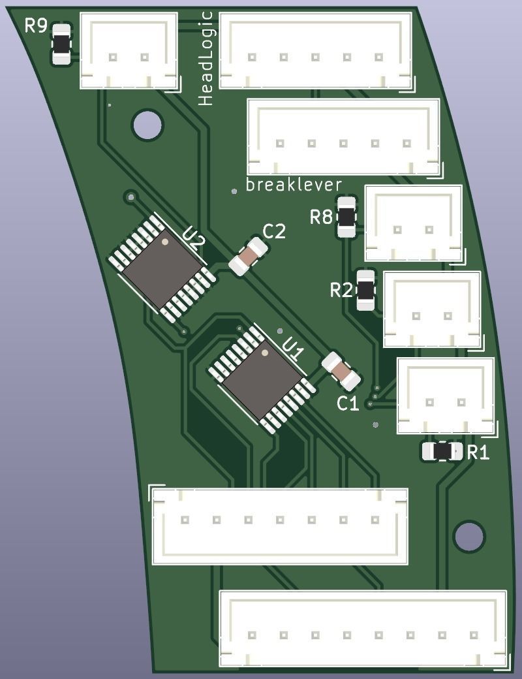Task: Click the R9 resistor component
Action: point(61,44)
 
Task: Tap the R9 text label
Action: point(36,26)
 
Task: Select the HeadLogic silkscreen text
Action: point(206,59)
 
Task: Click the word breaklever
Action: point(294,185)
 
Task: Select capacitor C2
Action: point(248,257)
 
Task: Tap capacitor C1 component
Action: point(341,371)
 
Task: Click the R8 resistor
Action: point(346,216)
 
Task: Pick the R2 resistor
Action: point(366,290)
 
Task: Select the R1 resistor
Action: point(442,451)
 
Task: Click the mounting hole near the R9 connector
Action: point(147,125)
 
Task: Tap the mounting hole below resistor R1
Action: point(469,536)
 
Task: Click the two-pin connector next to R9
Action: point(129,50)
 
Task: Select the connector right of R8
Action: point(414,223)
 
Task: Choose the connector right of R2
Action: point(432,309)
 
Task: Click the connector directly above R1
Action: point(446,395)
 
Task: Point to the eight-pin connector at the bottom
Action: point(363,629)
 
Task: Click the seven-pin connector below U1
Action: point(280,525)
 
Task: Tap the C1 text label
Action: point(348,404)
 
